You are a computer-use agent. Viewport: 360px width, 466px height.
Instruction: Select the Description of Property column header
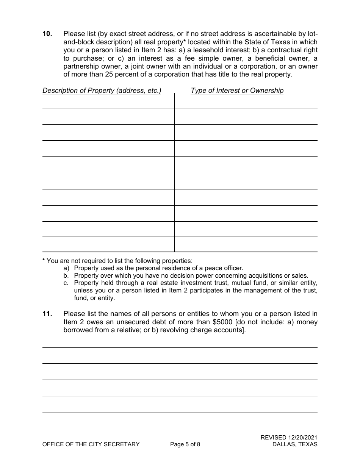tap(102, 91)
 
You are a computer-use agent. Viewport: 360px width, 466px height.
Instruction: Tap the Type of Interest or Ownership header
tap(237, 91)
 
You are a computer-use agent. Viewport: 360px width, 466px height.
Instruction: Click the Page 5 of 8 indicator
tap(185, 444)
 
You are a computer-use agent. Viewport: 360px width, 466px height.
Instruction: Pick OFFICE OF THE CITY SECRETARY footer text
tap(91, 444)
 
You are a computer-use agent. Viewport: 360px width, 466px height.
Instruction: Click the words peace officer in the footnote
tap(225, 268)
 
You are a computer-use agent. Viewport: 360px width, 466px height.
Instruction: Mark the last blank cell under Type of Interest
tap(246, 244)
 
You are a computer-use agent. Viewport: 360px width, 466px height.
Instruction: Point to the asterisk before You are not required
tap(44, 260)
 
